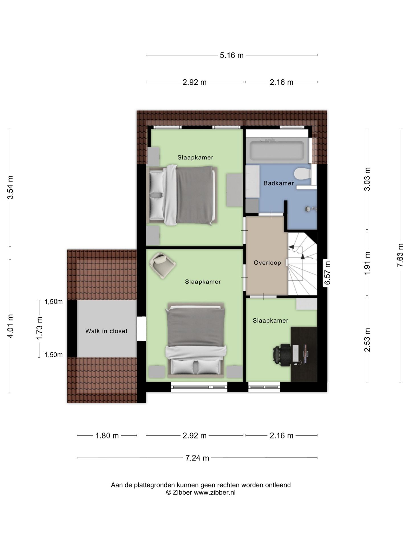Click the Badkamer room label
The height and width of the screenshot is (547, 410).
click(278, 183)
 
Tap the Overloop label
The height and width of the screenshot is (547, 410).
click(267, 263)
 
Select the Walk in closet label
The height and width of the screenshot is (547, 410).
click(106, 331)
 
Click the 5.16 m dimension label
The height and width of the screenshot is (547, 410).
click(232, 55)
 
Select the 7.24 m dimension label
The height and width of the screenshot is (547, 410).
click(197, 458)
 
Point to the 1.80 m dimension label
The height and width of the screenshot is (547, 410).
click(107, 436)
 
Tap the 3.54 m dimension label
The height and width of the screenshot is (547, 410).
click(10, 188)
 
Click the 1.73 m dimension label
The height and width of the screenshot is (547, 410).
click(39, 328)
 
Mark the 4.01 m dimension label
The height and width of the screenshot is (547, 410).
click(10, 326)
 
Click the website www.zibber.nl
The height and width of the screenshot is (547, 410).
click(215, 492)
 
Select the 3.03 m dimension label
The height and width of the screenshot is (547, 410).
click(367, 179)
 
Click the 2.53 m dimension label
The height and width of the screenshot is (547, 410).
click(367, 340)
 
